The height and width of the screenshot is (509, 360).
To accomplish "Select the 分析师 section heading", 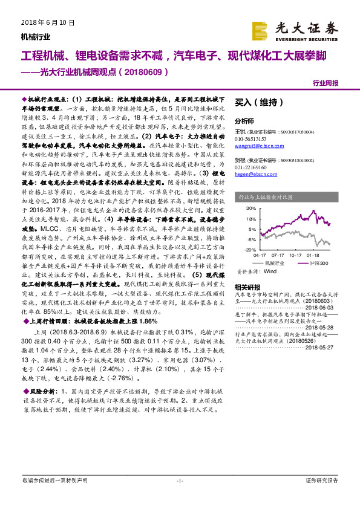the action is pyautogui.click(x=244, y=121).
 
